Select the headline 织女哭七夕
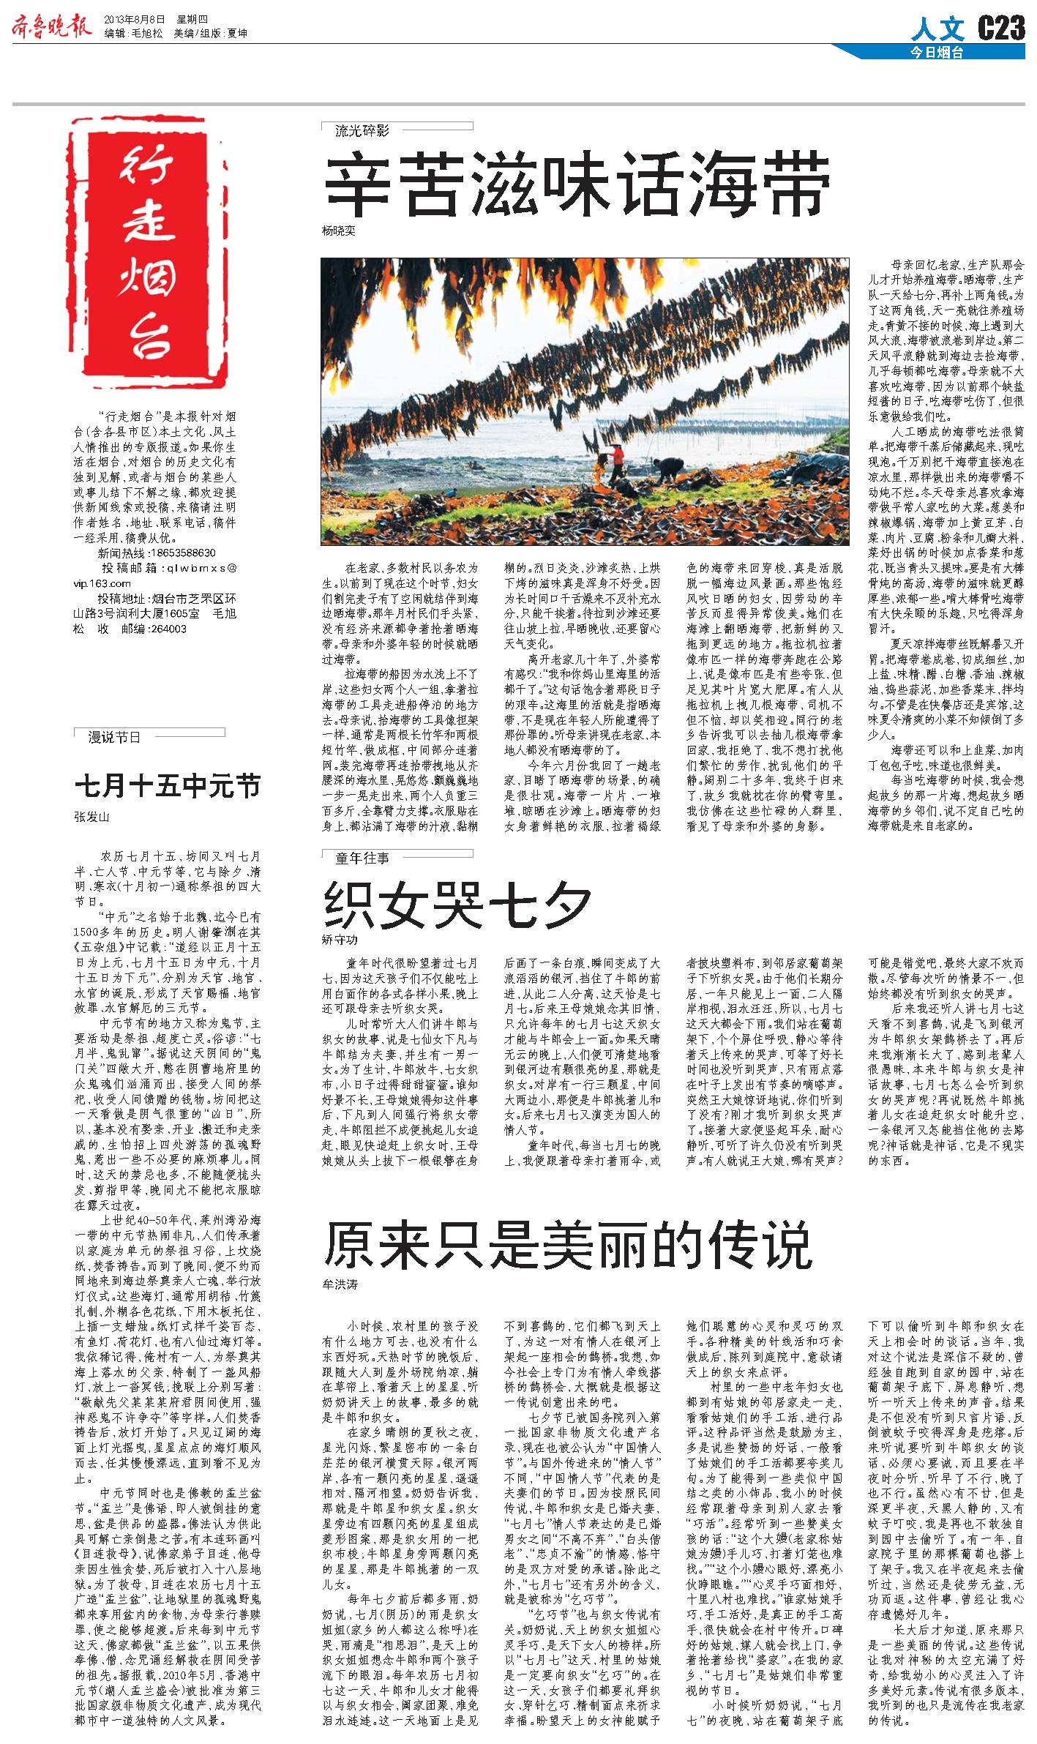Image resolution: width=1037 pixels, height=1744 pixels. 457,904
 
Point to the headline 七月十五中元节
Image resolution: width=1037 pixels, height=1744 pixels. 168,786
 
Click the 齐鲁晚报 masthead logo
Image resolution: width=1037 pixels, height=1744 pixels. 51,27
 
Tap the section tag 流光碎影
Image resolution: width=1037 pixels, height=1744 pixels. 362,131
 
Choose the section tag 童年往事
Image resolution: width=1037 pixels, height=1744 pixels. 362,858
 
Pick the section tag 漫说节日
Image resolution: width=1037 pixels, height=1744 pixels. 113,737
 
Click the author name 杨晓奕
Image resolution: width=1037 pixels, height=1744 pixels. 338,231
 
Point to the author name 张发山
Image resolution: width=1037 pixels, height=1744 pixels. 91,817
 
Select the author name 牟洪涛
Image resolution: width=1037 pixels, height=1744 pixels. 340,1284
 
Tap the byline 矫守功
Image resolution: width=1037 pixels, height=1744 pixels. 340,939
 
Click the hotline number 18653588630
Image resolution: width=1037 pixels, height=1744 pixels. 181,553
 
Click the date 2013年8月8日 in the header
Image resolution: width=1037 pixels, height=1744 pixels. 135,19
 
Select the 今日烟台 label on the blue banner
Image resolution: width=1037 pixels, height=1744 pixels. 937,53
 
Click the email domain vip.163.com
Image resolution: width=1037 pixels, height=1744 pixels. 102,583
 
